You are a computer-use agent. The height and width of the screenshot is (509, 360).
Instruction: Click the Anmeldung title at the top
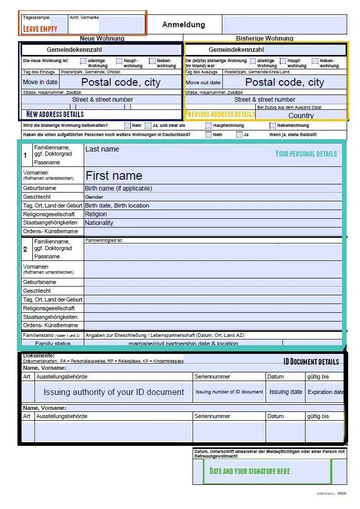183,25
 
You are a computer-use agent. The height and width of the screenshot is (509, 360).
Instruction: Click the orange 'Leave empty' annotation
40,29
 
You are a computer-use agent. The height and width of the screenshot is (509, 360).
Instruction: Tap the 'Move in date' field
40,82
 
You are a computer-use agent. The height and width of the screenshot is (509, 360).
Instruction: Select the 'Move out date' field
203,82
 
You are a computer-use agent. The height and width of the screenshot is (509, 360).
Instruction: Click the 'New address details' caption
55,114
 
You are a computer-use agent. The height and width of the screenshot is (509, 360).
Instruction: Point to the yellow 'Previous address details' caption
220,114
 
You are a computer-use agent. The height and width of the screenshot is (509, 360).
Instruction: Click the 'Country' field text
301,116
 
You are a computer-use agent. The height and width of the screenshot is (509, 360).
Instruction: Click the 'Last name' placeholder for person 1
102,149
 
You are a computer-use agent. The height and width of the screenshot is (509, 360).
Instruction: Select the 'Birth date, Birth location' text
117,205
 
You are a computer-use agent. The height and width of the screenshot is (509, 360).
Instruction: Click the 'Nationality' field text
99,223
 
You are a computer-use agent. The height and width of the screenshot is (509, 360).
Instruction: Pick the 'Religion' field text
96,214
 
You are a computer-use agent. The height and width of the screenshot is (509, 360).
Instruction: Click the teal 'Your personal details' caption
306,154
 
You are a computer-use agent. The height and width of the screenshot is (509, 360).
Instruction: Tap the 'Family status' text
53,343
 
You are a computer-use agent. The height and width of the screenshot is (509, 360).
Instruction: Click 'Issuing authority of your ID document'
113,392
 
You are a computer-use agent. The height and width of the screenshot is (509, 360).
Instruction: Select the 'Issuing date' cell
286,392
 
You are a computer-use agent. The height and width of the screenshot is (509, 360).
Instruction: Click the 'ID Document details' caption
311,362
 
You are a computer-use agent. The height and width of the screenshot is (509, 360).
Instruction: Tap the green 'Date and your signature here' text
250,471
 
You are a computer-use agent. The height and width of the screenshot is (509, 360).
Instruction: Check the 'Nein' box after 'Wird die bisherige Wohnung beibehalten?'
127,125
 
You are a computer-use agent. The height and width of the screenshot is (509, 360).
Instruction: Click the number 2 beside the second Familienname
25,249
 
